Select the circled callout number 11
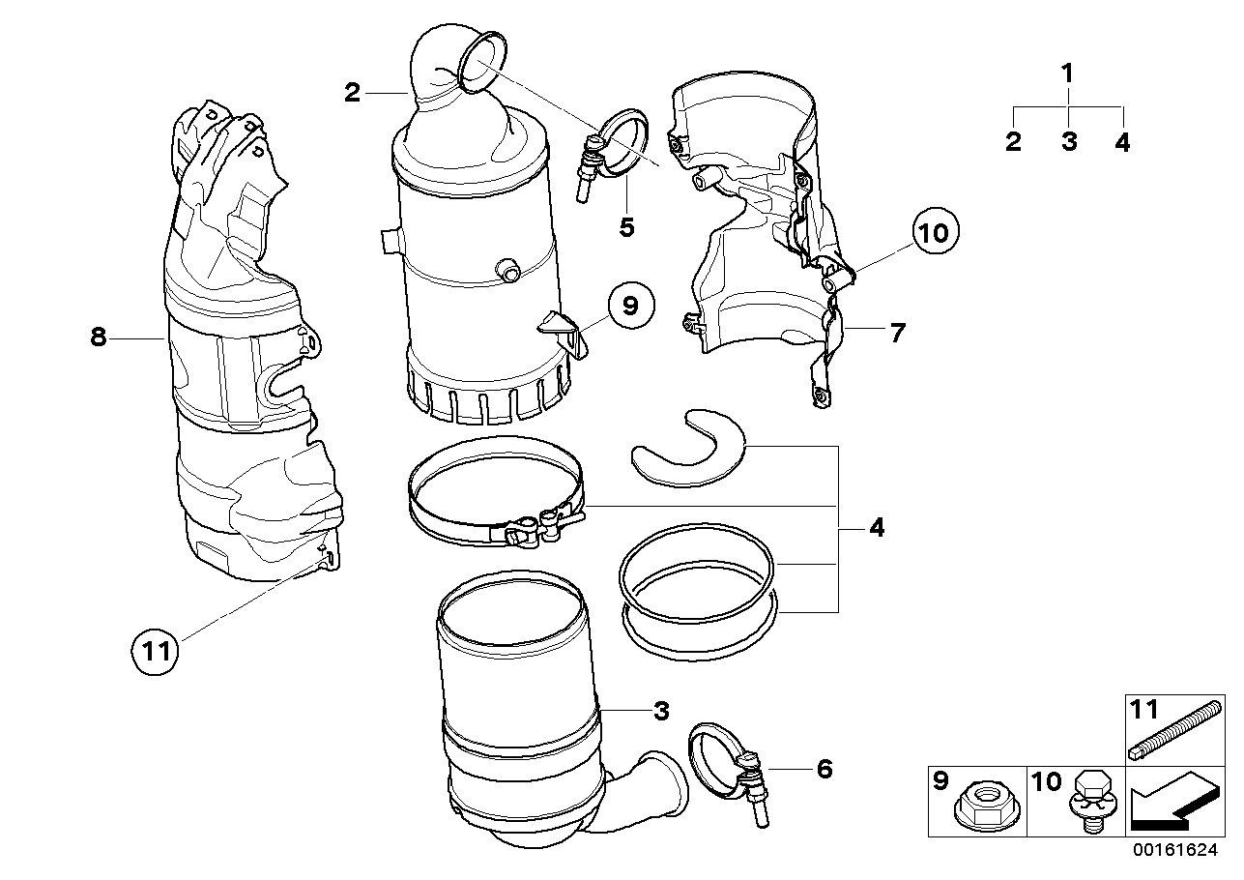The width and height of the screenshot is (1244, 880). pos(156,650)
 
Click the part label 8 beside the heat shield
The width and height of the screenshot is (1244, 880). pos(97,338)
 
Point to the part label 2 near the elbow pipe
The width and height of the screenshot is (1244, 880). pos(352,93)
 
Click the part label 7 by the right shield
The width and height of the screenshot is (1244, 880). pos(897,334)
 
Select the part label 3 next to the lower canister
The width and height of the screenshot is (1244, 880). pos(660,712)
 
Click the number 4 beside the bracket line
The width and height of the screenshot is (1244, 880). pos(876,528)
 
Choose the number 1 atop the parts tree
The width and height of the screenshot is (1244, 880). pos(1067,73)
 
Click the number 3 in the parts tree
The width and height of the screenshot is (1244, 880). pos(1068,142)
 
